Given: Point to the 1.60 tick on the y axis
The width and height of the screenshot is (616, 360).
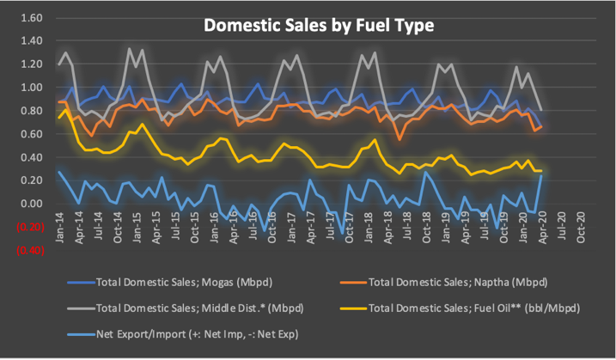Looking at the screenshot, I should click(31, 17).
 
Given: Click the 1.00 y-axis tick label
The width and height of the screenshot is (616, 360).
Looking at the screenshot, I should click(31, 88).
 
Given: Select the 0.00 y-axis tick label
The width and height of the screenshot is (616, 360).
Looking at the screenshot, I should click(31, 204).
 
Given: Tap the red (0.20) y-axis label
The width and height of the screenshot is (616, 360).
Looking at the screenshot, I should click(28, 227).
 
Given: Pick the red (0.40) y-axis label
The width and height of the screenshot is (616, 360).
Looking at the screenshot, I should click(28, 250).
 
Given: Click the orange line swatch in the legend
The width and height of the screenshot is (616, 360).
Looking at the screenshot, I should click(351, 281).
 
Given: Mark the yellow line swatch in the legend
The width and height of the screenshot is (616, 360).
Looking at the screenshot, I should click(351, 306).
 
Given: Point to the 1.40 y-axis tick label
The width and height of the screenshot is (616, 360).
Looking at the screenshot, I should click(31, 41).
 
